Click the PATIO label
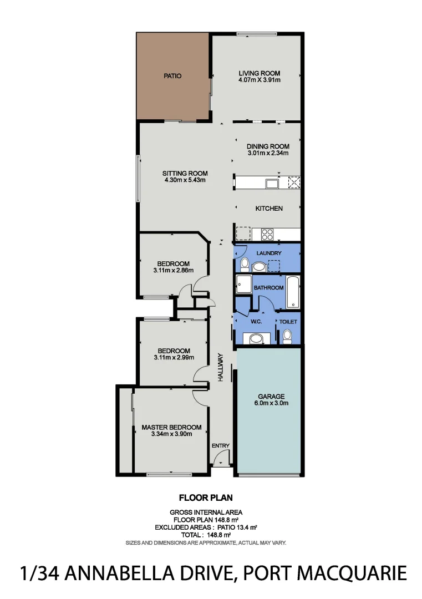click(x=172, y=76)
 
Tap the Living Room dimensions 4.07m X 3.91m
click(x=259, y=80)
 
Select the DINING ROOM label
click(x=268, y=146)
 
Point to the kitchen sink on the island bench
click(x=272, y=183)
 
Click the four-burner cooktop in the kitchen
click(x=267, y=234)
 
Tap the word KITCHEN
click(x=269, y=209)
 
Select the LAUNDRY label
click(x=269, y=253)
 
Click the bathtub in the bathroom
click(x=293, y=292)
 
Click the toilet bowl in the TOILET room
click(x=287, y=336)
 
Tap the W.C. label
click(x=256, y=322)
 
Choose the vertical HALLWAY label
click(x=220, y=367)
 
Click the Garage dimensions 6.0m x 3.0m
click(x=271, y=403)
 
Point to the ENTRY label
click(x=220, y=445)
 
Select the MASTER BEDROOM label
click(x=171, y=427)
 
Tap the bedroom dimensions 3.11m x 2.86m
click(x=173, y=271)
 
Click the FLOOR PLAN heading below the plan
click(x=205, y=498)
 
